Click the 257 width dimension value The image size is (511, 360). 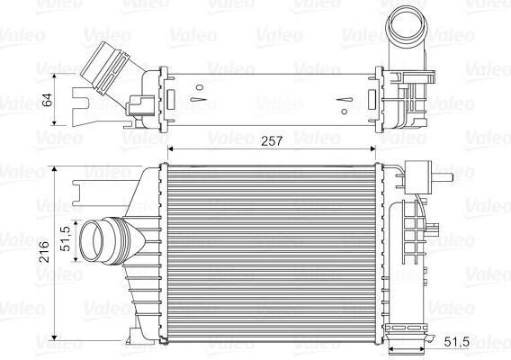(x=272, y=141)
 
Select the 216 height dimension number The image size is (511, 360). (x=44, y=252)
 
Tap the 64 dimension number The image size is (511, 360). (x=48, y=100)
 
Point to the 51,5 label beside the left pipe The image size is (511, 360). (x=66, y=239)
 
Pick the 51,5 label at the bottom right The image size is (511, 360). (x=457, y=342)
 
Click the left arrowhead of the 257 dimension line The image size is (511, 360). (x=170, y=148)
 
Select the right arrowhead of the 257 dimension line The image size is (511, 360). (x=373, y=148)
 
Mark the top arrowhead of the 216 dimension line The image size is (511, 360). (x=54, y=168)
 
